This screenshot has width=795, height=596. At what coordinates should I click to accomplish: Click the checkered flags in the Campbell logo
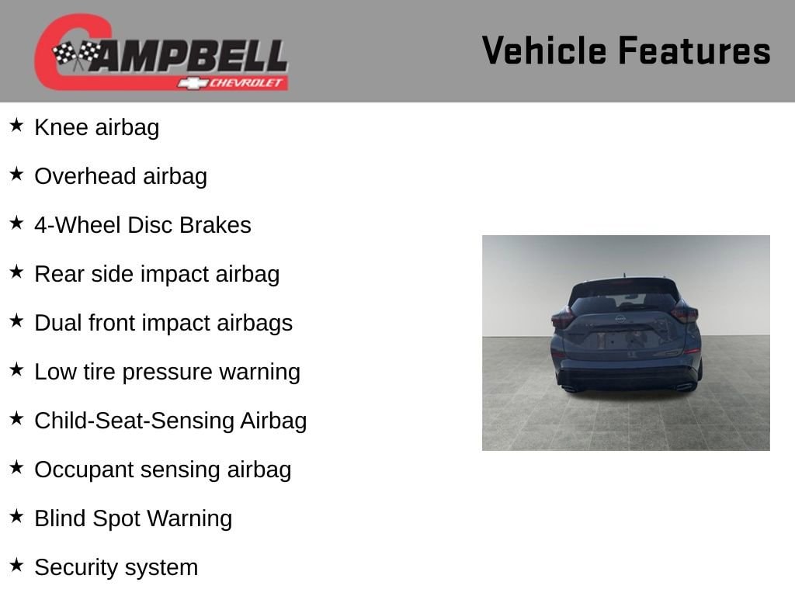[77, 54]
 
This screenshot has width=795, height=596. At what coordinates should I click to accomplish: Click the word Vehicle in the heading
[544, 50]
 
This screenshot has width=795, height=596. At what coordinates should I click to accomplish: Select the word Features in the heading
[695, 50]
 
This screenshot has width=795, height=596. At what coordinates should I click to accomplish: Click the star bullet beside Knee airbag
[17, 125]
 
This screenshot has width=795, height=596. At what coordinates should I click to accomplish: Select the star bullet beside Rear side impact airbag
[17, 272]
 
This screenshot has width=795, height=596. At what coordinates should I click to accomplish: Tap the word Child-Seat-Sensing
[134, 421]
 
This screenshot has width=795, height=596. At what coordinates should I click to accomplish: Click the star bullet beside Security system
[17, 565]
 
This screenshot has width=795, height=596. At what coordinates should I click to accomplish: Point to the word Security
[76, 568]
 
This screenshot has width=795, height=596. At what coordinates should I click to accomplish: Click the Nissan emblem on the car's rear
[620, 319]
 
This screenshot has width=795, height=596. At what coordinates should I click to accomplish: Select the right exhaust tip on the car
[685, 388]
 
